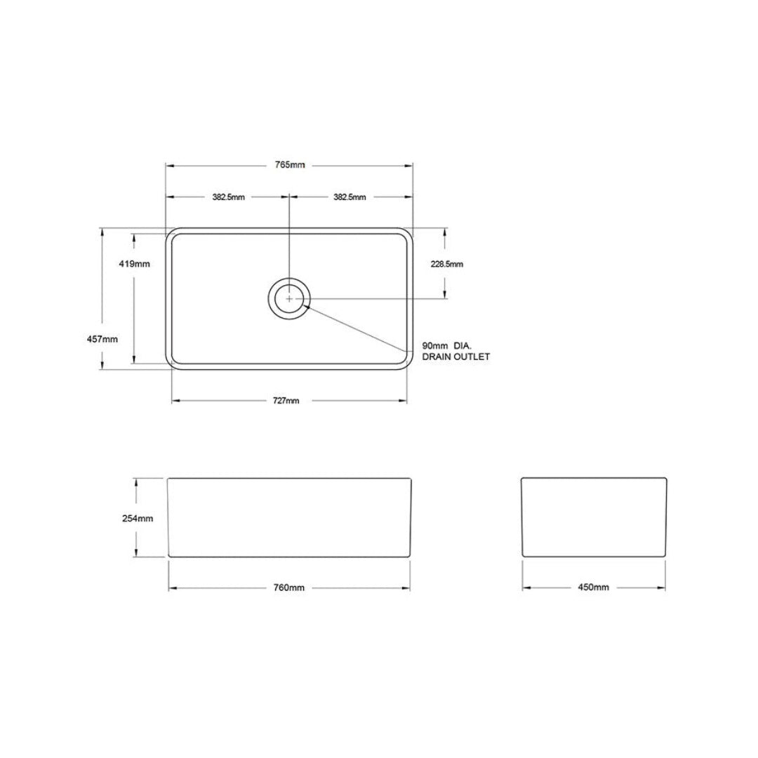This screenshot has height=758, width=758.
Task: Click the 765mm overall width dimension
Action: coord(289,165)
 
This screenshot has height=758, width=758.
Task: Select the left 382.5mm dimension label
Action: coord(228,197)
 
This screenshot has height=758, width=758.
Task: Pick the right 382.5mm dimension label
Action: coord(350,197)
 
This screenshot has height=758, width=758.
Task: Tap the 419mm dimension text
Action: coord(133,264)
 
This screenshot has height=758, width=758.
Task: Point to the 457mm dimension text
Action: coord(102,339)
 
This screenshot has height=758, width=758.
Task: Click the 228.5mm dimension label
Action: coord(446,264)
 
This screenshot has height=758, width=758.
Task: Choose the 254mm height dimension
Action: coord(138,519)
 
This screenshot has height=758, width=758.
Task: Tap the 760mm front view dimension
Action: coord(289,587)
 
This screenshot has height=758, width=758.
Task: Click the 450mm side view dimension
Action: coord(594,587)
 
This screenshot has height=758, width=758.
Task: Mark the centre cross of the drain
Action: coord(289,298)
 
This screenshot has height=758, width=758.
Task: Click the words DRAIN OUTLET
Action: coord(456,357)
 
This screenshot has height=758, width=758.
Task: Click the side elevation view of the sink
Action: coord(594,518)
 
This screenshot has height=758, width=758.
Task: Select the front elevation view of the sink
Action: coord(289,518)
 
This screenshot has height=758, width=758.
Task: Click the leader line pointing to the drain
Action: coord(358,324)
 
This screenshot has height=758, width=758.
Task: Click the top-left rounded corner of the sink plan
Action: coord(170,232)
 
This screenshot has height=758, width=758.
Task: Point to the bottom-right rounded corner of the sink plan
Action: coord(408,364)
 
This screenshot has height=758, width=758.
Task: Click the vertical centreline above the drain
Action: coord(289,239)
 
